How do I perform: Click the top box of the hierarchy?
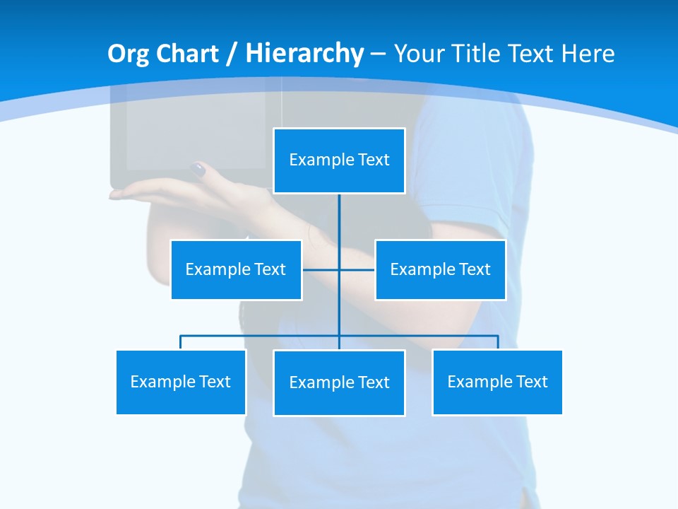[x=339, y=160]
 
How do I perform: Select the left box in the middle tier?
[x=236, y=269]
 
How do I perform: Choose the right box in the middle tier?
[x=440, y=269]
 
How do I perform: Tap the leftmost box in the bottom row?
[x=181, y=382]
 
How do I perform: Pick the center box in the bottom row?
[x=339, y=382]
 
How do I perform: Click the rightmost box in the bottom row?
[x=497, y=382]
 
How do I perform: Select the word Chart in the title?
[x=187, y=54]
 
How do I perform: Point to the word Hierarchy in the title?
[x=304, y=54]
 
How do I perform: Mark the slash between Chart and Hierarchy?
[x=232, y=54]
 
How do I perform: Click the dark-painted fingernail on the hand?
[x=198, y=170]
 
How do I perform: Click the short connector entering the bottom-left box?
[x=181, y=342]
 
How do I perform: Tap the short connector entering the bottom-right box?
[x=498, y=342]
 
